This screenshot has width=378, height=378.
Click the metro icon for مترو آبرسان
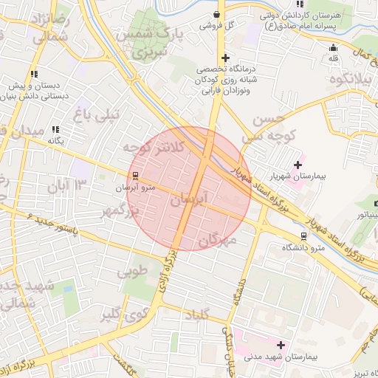coord(135,176)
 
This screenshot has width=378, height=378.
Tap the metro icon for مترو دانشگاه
coord(303,236)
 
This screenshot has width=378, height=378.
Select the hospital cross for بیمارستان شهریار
coord(298,164)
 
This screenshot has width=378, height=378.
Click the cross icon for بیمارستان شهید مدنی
coord(280,344)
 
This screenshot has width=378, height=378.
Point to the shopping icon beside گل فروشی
coord(216,14)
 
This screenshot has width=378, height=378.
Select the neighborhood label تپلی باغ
coord(94,114)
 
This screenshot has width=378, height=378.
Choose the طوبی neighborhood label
coord(132,271)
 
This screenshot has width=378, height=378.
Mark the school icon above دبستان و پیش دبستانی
coord(34,74)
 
